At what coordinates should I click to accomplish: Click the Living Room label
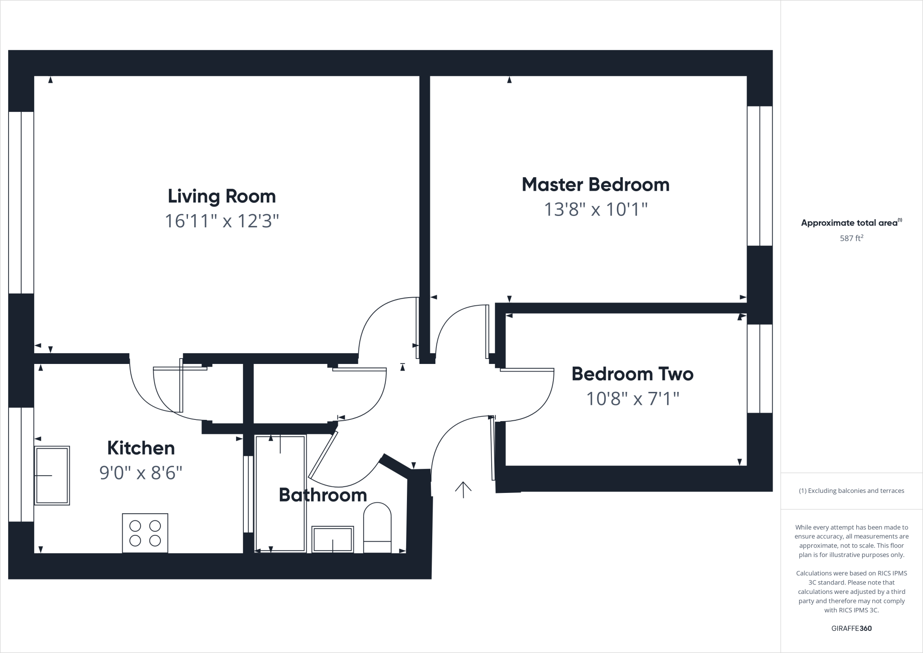click(x=221, y=196)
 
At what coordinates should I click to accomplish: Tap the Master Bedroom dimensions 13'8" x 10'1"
click(x=595, y=209)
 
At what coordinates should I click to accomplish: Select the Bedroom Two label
click(x=632, y=374)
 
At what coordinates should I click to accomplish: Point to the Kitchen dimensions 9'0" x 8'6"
click(x=141, y=473)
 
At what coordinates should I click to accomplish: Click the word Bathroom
click(x=323, y=495)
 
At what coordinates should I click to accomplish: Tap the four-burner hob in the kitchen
click(x=145, y=533)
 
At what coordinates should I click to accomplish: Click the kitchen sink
click(x=52, y=475)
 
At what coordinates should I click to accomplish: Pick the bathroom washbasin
click(x=333, y=538)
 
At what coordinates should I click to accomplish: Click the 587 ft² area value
click(x=851, y=238)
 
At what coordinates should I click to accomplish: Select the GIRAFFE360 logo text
click(x=851, y=628)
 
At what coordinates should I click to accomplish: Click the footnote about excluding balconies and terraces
click(x=851, y=491)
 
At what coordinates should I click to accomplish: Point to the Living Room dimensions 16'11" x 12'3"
click(x=221, y=221)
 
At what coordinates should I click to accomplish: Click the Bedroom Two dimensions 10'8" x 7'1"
click(x=632, y=399)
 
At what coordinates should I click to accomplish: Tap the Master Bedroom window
click(x=760, y=176)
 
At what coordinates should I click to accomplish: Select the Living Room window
click(x=21, y=202)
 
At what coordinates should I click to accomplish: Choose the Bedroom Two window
click(x=760, y=368)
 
